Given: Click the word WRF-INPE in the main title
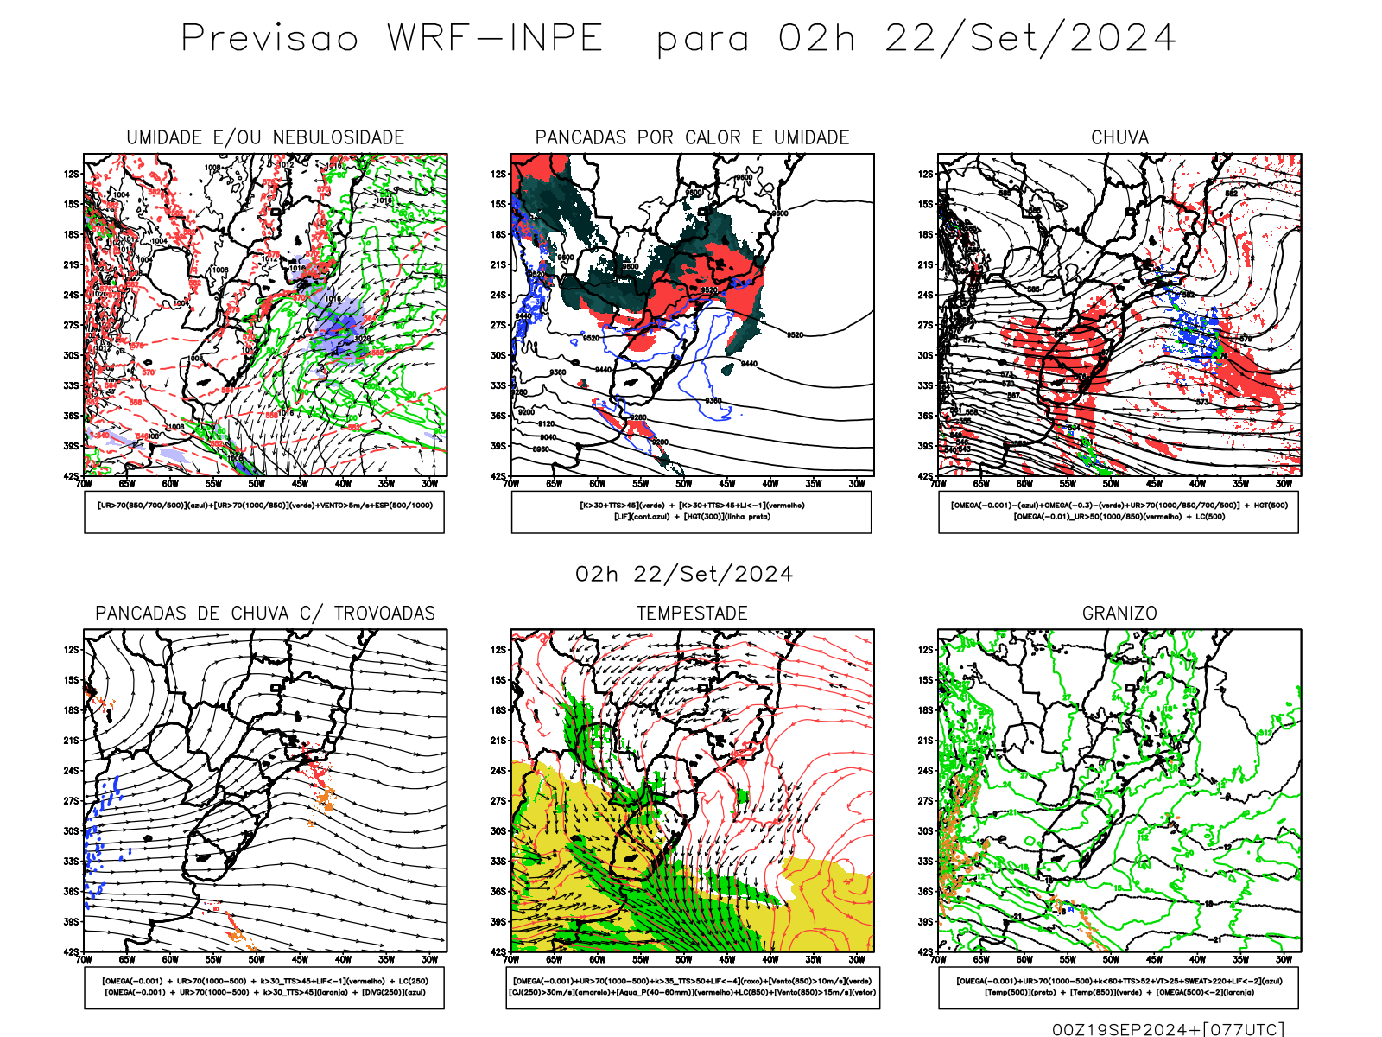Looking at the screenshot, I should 495,39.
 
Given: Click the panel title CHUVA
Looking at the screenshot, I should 1119,137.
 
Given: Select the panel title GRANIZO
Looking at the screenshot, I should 1119,614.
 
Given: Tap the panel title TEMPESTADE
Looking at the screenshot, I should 692,614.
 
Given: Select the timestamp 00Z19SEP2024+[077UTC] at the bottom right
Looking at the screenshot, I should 1168,1029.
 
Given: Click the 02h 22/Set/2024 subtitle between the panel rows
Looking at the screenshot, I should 684,575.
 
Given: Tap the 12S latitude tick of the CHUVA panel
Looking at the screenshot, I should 926,174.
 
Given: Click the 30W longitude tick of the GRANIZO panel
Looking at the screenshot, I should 1284,959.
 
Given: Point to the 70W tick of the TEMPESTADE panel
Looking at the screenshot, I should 511,959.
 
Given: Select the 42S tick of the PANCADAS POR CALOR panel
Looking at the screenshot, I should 498,476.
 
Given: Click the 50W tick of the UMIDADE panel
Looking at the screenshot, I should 257,484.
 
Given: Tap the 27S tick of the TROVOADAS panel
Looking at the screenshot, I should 71,801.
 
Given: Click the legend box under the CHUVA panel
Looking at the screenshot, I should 1119,512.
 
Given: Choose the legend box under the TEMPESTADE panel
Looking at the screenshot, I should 693,987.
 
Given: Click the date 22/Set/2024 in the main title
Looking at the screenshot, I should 1030,39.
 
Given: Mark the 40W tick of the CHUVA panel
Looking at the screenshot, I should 1197,484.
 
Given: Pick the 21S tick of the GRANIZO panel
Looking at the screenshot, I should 926,741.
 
